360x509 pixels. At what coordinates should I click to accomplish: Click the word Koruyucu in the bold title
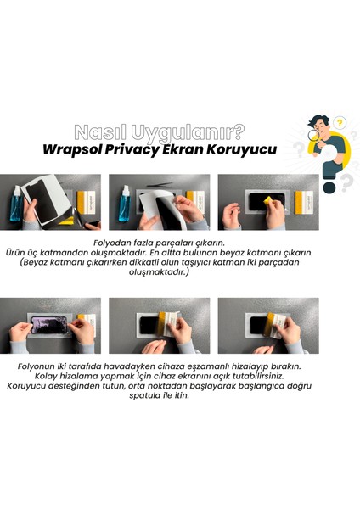pyautogui.click(x=267, y=150)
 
